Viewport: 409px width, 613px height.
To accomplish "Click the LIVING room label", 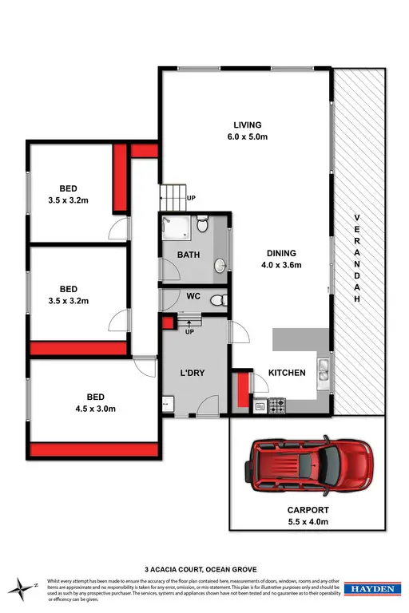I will [247, 125].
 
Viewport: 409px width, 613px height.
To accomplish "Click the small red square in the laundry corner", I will [168, 322].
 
